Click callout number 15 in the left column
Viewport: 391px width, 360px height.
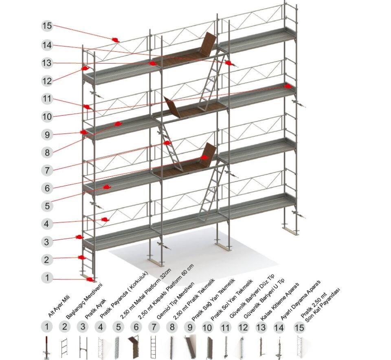[x=47, y=26]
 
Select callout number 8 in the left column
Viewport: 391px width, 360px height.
[x=47, y=152]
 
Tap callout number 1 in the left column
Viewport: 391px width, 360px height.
[x=47, y=277]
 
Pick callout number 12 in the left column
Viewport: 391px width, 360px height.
[x=47, y=81]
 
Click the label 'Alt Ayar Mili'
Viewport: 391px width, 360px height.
[x=58, y=306]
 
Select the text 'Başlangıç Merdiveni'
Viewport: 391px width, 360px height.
[x=84, y=301]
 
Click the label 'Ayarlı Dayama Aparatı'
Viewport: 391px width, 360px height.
[x=300, y=300]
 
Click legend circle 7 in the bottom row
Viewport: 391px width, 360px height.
[x=154, y=327]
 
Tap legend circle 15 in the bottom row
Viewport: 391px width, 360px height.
[x=299, y=327]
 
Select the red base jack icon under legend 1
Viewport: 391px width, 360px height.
[x=46, y=347]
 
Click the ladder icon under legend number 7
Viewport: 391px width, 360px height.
[x=154, y=347]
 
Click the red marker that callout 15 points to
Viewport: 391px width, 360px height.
[x=115, y=40]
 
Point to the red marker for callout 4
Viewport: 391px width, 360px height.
[x=105, y=220]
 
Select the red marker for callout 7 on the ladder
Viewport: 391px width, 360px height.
[x=167, y=143]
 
